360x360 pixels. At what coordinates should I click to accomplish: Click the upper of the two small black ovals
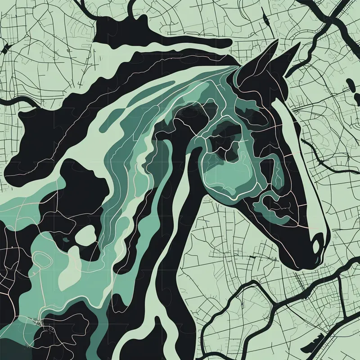349,83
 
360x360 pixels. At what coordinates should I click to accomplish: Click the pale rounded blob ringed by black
85,234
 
